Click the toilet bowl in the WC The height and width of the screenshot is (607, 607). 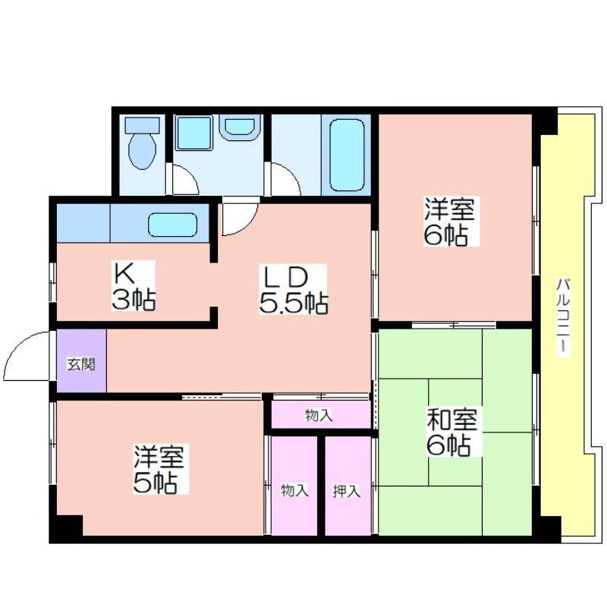click(143, 151)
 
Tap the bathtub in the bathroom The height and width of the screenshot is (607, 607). click(347, 155)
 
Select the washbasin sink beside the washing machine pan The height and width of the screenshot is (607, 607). click(239, 127)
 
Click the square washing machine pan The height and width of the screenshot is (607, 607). click(194, 132)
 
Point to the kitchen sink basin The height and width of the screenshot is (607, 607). click(173, 225)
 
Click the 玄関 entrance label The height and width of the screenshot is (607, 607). click(81, 364)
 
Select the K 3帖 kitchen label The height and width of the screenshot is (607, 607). click(134, 286)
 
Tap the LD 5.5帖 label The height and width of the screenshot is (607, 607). click(293, 289)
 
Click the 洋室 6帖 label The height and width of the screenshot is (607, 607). click(449, 221)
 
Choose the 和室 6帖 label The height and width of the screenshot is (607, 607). click(451, 431)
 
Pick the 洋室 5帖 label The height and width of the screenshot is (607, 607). click(159, 469)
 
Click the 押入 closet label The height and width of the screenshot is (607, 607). click(347, 491)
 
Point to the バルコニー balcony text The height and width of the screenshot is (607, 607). click(562, 314)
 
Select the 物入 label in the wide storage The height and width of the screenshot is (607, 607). click(319, 415)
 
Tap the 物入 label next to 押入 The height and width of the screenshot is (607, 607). click(294, 490)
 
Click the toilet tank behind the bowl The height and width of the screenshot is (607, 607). click(143, 124)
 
